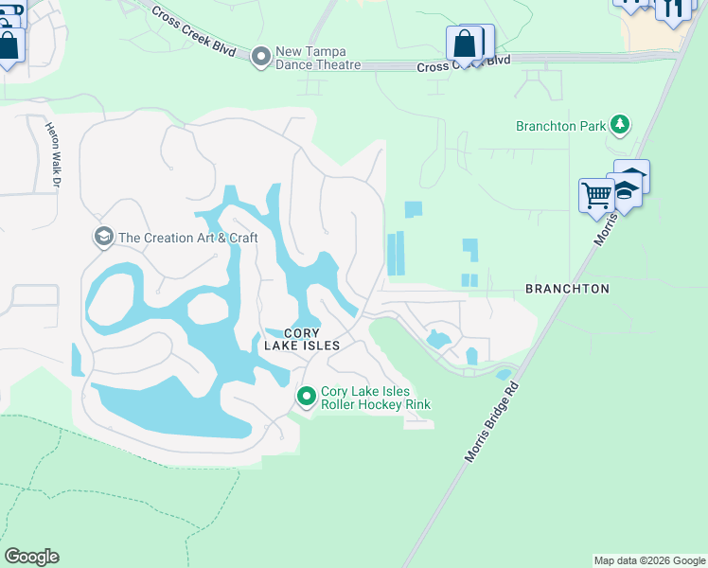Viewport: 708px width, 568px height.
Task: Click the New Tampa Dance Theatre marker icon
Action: pos(261,58)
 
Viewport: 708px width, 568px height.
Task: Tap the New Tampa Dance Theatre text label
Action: pos(318,58)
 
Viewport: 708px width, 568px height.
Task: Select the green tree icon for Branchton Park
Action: pos(620,125)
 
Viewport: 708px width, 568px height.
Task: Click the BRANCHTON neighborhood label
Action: pos(566,288)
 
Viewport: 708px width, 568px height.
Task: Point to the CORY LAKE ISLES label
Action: pos(311,339)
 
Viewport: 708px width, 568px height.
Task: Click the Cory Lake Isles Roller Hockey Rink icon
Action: pos(306,397)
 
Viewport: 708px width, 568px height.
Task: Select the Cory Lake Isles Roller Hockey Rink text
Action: pos(376,398)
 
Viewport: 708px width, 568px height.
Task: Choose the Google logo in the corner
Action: pos(31,557)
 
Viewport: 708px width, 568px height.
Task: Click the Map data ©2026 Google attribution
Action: pos(649,560)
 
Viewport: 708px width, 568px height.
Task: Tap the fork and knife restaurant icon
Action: pos(673,9)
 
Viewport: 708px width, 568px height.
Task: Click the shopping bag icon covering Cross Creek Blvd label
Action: pos(466,44)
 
